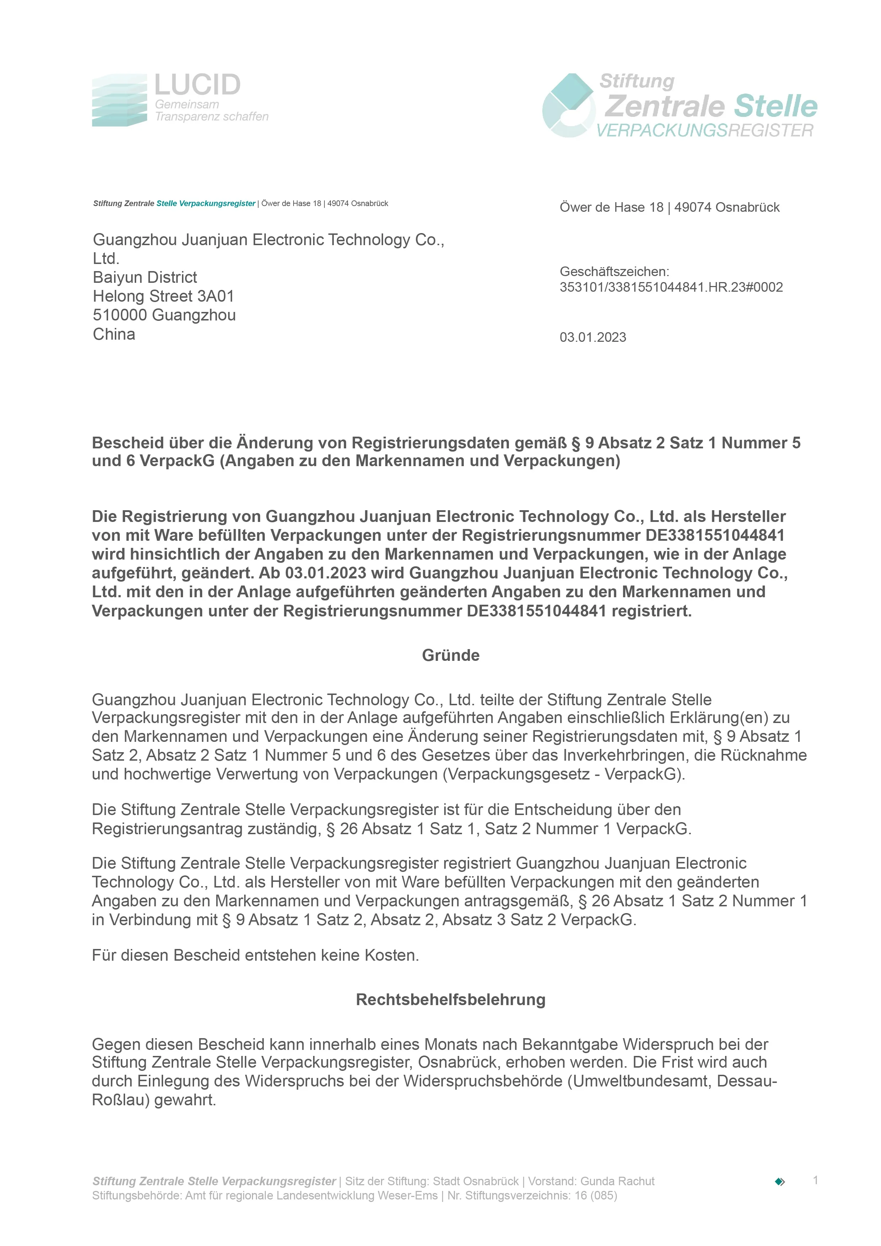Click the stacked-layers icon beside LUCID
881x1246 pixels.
119,101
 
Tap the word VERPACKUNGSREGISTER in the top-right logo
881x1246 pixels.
705,131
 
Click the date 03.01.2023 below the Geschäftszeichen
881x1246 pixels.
593,338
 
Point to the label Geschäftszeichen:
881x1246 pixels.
614,272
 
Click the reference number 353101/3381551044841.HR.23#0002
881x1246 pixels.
671,288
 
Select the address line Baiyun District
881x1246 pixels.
145,278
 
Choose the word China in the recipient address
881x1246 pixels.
114,334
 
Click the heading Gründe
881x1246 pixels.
451,656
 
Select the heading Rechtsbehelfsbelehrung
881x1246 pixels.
451,1000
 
